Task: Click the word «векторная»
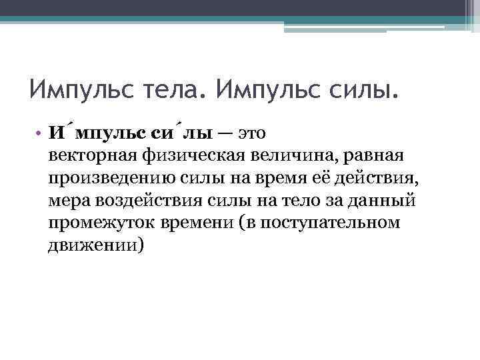(91, 155)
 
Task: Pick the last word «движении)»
(95, 243)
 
